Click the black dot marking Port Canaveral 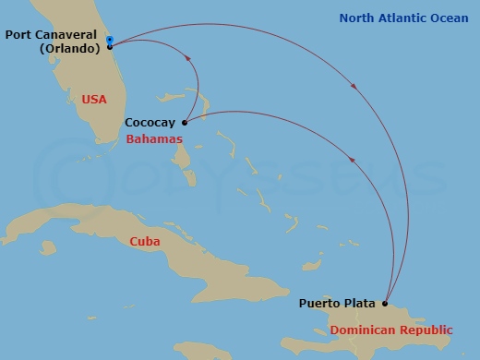[x=110, y=47]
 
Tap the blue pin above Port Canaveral [x=110, y=40]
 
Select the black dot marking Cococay [x=185, y=122]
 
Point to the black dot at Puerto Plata [x=385, y=303]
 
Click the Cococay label [x=150, y=122]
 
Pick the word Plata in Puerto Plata [x=360, y=303]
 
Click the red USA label [x=94, y=99]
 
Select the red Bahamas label [x=151, y=138]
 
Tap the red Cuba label [x=145, y=241]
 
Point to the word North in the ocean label [x=357, y=18]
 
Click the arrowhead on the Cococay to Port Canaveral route [x=189, y=58]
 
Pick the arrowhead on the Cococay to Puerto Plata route [x=352, y=161]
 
